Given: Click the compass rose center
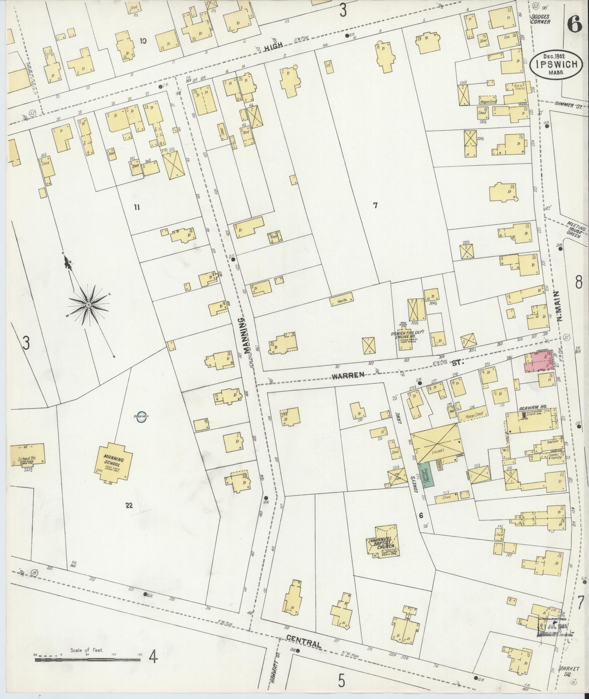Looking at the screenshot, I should pyautogui.click(x=88, y=304).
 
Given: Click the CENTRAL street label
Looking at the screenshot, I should pyautogui.click(x=303, y=642).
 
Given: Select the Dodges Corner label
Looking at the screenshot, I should pyautogui.click(x=541, y=19).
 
